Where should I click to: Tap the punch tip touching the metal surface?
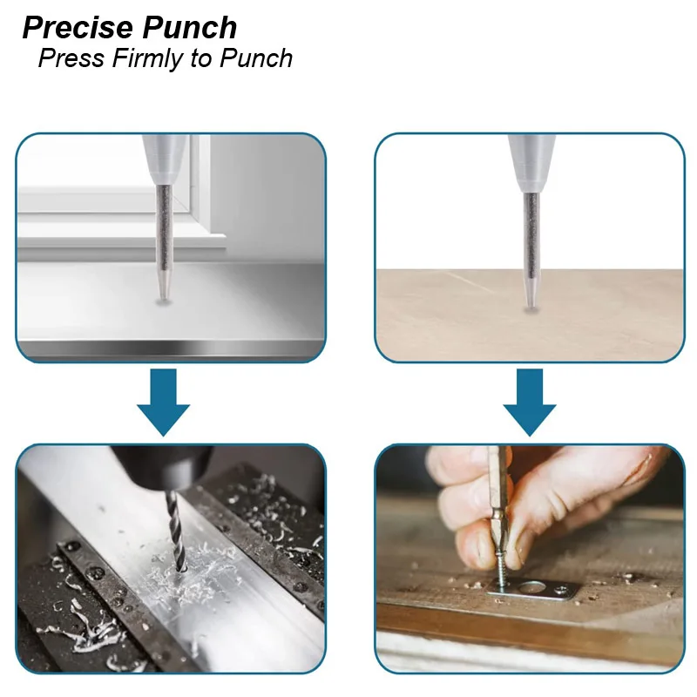click(162, 293)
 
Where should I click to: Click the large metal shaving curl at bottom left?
click(87, 632)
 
